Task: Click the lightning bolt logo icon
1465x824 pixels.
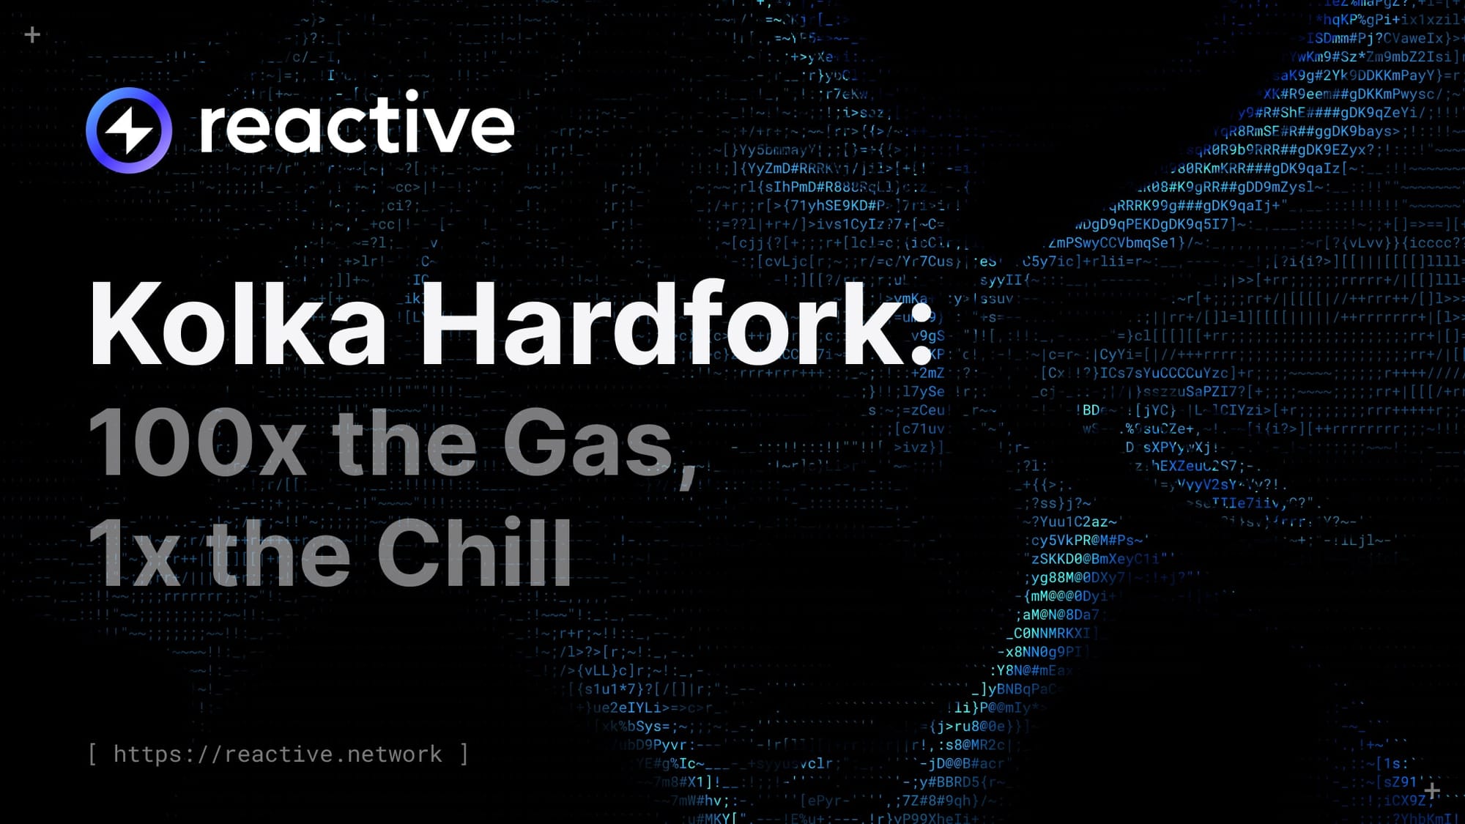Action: coord(129,130)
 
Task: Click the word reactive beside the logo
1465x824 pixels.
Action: coord(357,125)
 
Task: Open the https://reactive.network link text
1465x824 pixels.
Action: coord(278,754)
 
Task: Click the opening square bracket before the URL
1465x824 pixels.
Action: coord(93,754)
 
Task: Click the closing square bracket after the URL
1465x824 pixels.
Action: coord(464,754)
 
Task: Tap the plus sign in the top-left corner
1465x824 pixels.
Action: coord(32,34)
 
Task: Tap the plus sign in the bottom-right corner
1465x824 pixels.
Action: coord(1432,791)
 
